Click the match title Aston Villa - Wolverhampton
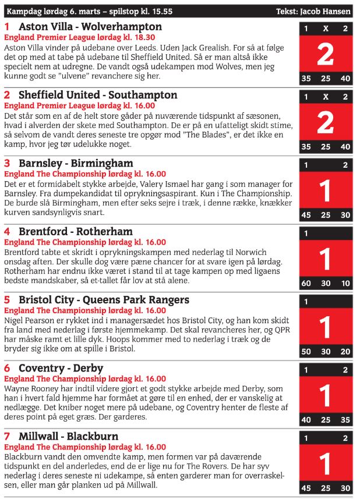(x=90, y=27)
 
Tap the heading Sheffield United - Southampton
(x=98, y=95)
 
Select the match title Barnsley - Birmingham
(x=76, y=163)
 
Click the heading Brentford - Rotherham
(x=76, y=232)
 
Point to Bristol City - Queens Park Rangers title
(x=104, y=300)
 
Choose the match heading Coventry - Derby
(x=61, y=368)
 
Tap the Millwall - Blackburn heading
(x=68, y=436)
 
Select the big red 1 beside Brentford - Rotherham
(x=325, y=259)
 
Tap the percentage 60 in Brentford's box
(x=306, y=284)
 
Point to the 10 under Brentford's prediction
(x=345, y=284)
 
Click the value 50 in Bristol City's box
(x=306, y=352)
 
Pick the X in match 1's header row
(x=326, y=29)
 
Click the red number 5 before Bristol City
(x=7, y=300)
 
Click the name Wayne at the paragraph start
(x=16, y=388)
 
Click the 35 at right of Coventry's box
(x=345, y=420)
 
